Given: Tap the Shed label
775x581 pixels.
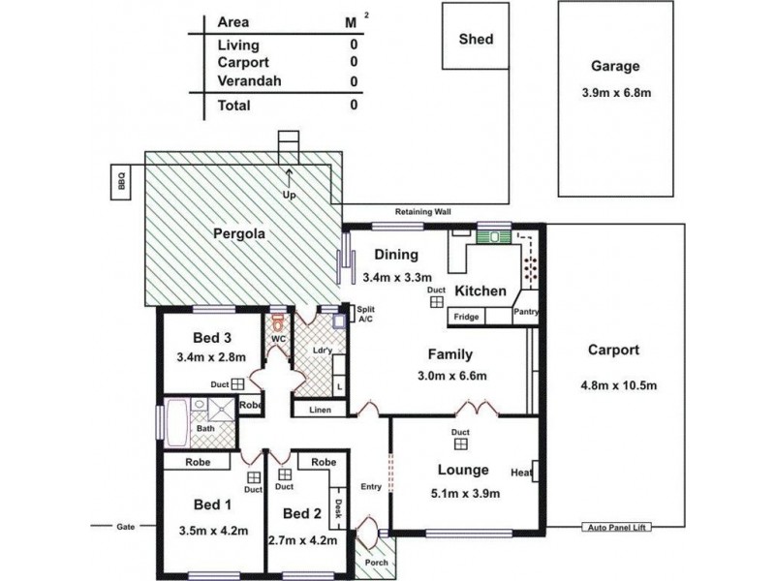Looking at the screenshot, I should coord(476,40).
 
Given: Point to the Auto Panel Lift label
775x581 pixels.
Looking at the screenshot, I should coord(616,528).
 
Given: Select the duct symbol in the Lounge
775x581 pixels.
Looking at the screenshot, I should coord(461,443).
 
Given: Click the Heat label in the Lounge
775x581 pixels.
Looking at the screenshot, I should coord(521,473).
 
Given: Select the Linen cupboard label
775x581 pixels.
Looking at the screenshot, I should coord(320,411).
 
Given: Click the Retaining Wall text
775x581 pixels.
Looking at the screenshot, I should coord(422,211).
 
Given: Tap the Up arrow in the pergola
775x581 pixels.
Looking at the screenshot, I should coord(289,180).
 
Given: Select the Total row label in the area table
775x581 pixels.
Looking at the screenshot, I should coord(234,105).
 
